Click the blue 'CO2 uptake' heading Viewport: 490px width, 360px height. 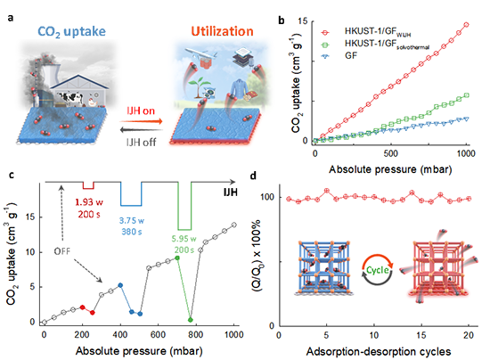click(71, 31)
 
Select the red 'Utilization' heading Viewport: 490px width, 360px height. click(222, 31)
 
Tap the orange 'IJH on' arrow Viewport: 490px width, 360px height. click(142, 121)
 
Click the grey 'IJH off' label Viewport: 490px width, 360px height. click(141, 143)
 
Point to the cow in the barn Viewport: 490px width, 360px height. click(71, 97)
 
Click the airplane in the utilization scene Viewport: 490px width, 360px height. click(200, 54)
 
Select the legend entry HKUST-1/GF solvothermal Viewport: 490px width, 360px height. click(387, 44)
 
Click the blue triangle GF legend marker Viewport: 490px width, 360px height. click(325, 56)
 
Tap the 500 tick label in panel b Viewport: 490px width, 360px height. click(390, 153)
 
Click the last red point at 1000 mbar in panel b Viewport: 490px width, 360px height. click(467, 25)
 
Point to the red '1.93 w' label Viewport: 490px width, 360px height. click(89, 202)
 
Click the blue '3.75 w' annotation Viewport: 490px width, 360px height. click(132, 221)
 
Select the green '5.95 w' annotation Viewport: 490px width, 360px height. click(184, 239)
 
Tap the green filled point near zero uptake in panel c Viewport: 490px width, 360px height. click(191, 320)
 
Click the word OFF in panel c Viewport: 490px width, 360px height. click(61, 251)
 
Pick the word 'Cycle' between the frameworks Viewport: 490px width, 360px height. click(377, 270)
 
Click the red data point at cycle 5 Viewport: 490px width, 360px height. click(327, 191)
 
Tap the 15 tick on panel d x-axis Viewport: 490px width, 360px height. click(421, 335)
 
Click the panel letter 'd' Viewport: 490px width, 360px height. click(253, 176)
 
